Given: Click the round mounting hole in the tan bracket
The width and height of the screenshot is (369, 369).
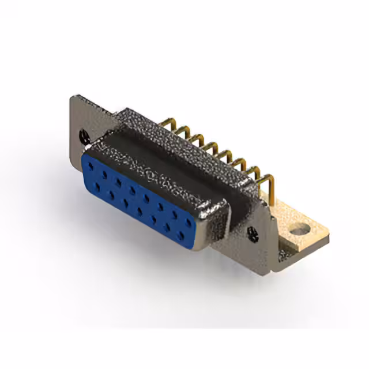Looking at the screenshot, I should (299, 232).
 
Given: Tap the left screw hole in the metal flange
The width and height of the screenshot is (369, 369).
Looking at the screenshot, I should (82, 136).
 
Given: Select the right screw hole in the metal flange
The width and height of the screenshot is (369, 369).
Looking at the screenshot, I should (252, 234).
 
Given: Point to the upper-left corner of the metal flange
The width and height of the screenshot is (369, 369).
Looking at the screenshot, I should (73, 98).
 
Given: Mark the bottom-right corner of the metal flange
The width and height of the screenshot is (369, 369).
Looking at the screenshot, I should (276, 269).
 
